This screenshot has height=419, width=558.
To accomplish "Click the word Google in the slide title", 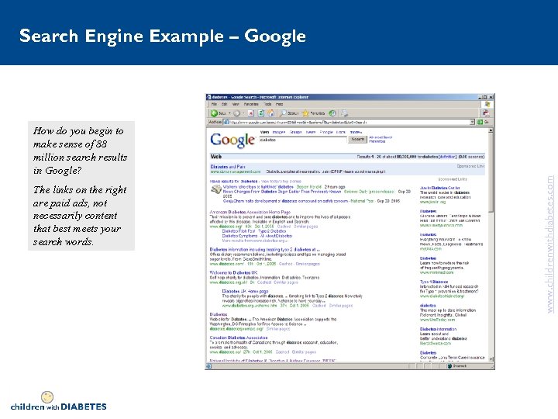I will pos(275,36).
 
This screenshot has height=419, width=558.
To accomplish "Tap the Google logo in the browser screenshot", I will pos(232,140).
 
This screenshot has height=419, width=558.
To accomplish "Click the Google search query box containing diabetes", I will pos(302,139).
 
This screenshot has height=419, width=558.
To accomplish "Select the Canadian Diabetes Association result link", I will pos(239,338).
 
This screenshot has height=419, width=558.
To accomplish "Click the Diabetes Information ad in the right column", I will pos(439,329).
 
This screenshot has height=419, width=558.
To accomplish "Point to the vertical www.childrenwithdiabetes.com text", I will pos(550,232).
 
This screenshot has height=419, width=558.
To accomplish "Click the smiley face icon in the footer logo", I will pos(46,398).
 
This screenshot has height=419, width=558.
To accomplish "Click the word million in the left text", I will pos(52,158).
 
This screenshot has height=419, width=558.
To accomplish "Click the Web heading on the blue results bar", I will pos(216,156).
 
